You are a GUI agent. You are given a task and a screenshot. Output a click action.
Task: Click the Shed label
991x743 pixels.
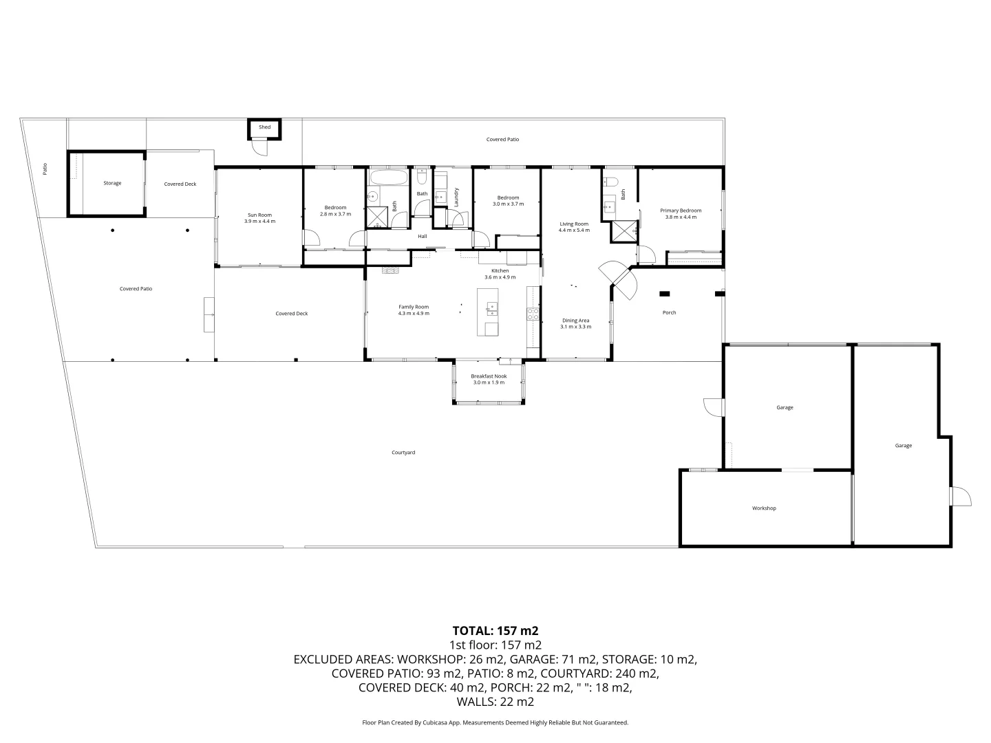tap(264, 127)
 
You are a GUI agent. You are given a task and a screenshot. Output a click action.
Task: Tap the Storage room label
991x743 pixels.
tap(112, 183)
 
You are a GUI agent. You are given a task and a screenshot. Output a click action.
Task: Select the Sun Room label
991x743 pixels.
tap(259, 215)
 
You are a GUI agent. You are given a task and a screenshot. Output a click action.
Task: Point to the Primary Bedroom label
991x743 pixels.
tap(681, 211)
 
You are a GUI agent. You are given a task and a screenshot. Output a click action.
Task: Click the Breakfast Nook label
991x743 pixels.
tap(489, 376)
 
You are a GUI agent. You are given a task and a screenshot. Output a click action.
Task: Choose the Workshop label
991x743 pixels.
tap(764, 508)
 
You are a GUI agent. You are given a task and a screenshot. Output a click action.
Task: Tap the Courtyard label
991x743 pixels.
tap(403, 453)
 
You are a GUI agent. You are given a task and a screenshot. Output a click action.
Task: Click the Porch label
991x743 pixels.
tap(669, 312)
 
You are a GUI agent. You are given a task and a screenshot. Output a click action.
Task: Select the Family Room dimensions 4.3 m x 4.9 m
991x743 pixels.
tap(414, 314)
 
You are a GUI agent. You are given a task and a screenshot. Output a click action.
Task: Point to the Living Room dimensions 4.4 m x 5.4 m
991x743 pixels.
tap(574, 230)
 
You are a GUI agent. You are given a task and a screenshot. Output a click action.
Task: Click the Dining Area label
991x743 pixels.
tap(575, 321)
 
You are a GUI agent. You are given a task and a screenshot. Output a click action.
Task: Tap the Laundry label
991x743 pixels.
tap(456, 197)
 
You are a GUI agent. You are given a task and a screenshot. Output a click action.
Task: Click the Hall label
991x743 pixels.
tap(422, 237)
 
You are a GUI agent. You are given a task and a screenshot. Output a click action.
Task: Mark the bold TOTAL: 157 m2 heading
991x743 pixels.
tap(495, 631)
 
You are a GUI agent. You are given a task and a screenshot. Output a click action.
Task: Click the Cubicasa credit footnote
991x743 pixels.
tap(495, 722)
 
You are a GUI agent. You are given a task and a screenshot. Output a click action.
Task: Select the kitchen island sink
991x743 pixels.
tap(491, 309)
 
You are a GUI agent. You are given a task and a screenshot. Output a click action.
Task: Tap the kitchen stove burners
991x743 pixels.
tap(533, 314)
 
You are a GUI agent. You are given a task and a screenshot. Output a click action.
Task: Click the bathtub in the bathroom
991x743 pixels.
tap(389, 177)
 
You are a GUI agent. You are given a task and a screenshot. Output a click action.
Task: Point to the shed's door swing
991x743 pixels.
tap(261, 148)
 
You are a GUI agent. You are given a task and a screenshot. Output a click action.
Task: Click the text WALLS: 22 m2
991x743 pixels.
tap(495, 702)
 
